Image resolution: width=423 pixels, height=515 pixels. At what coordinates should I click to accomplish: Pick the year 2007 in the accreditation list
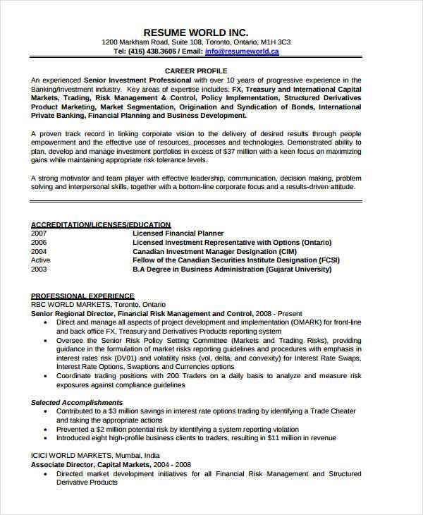tap(39, 233)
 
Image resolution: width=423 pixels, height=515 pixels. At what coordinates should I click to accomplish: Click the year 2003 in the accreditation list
tap(39, 269)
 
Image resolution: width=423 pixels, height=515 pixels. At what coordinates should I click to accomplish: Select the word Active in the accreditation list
tap(41, 260)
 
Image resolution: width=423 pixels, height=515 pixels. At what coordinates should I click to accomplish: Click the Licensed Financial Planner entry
tap(178, 233)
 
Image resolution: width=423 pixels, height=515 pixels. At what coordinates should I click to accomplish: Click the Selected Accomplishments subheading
tap(77, 402)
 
